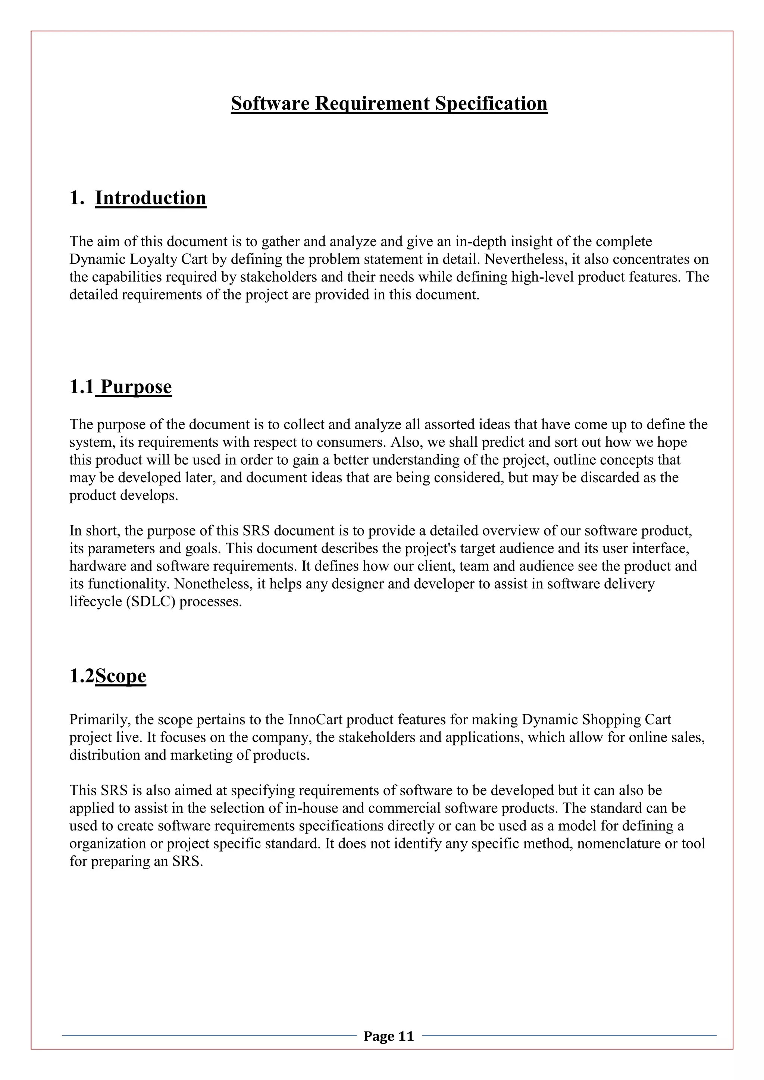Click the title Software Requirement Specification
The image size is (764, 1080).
pos(389,103)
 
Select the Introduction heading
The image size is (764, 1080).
pos(151,198)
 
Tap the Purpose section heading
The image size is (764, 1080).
pos(136,387)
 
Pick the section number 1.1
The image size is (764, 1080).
pos(82,387)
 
